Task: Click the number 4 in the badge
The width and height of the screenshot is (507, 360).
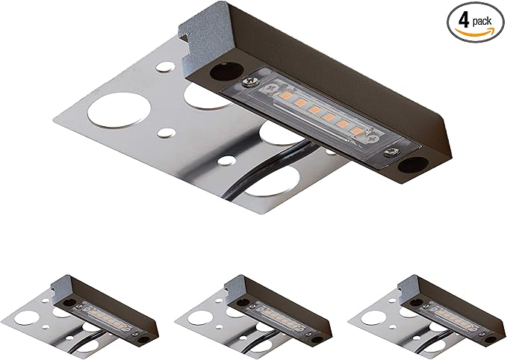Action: coord(464,22)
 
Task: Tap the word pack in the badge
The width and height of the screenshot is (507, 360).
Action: coord(482,22)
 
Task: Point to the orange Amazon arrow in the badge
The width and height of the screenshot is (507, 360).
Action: coord(475,31)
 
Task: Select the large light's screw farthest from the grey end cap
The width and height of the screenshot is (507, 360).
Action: coord(391,152)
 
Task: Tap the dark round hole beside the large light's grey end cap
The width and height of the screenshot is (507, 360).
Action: coord(226,72)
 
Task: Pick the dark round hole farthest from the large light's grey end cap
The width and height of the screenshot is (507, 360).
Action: coord(412,165)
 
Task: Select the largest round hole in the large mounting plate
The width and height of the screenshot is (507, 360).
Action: coord(119,111)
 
